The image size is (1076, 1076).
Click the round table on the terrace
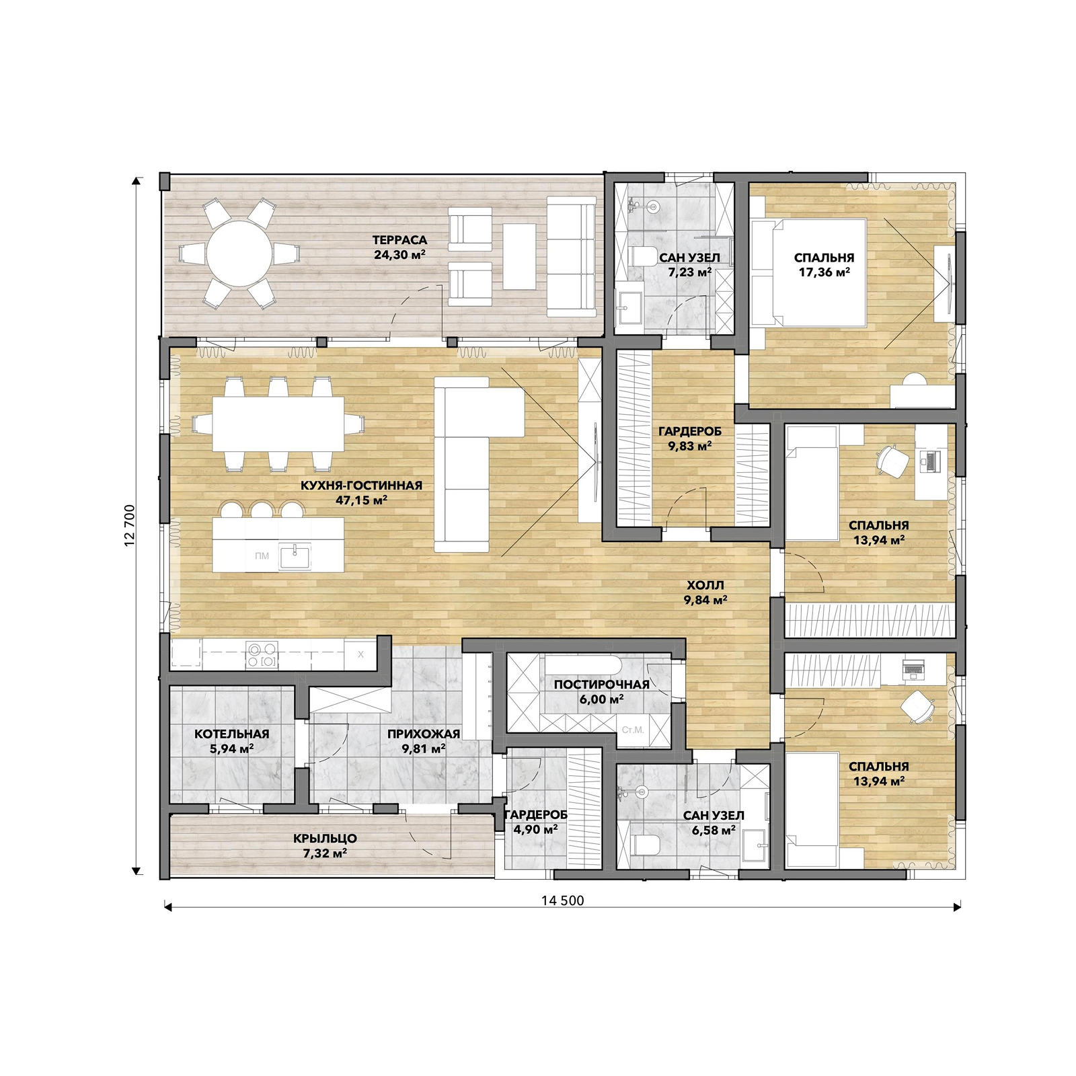click(x=239, y=254)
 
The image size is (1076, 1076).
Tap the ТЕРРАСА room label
click(x=399, y=240)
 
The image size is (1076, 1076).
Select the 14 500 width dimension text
click(x=562, y=900)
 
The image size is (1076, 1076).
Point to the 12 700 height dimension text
click(x=130, y=525)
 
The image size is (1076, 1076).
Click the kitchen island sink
click(x=295, y=556)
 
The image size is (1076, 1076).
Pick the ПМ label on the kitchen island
click(x=262, y=555)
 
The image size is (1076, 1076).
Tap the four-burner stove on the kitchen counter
click(x=262, y=655)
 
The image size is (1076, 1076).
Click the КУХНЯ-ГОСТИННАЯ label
click(x=361, y=486)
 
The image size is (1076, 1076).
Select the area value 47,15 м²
click(x=361, y=500)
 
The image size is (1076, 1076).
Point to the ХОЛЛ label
click(x=705, y=585)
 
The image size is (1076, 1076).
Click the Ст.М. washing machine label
click(x=633, y=730)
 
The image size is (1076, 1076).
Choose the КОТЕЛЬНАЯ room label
click(x=231, y=734)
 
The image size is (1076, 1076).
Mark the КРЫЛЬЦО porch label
click(x=325, y=839)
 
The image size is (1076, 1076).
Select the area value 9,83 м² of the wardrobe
click(x=689, y=446)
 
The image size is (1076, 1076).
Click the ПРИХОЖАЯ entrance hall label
click(x=424, y=734)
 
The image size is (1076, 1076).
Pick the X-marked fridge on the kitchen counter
click(x=360, y=654)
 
